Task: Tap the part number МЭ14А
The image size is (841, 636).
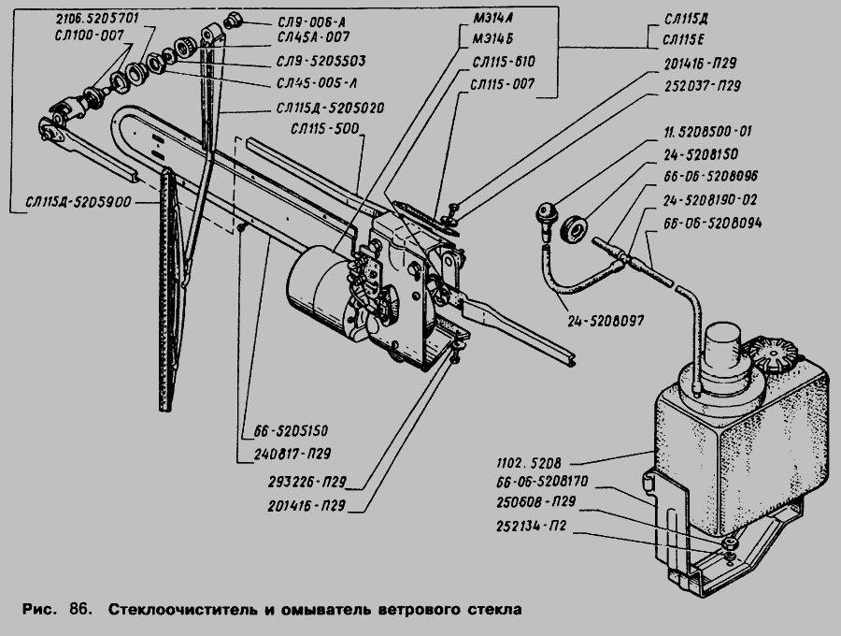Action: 490,18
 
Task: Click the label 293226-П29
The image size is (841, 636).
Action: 305,484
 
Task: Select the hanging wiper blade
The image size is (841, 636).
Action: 168,290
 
